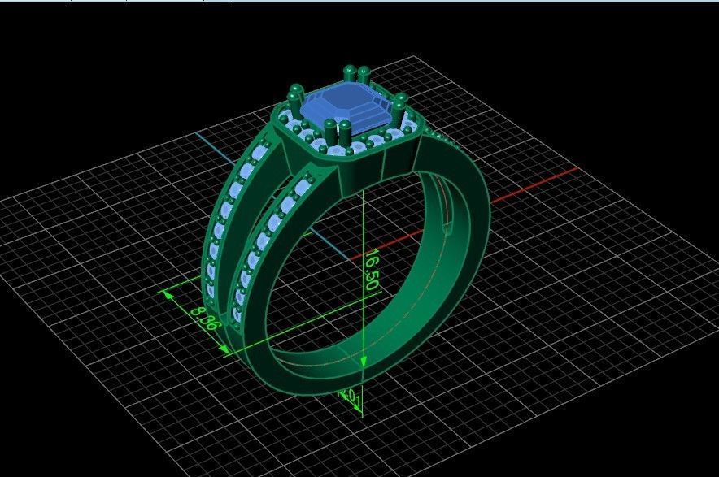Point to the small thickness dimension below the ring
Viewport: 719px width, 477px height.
pos(353,397)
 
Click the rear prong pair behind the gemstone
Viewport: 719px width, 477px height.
pos(357,74)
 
